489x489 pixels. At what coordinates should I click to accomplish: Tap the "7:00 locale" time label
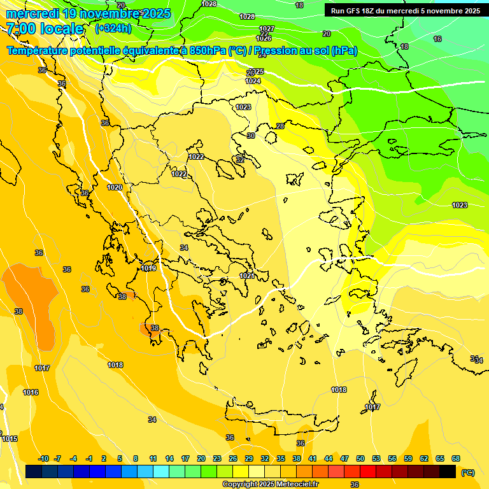pyautogui.click(x=45, y=29)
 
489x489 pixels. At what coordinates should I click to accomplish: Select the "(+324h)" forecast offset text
pyautogui.click(x=114, y=28)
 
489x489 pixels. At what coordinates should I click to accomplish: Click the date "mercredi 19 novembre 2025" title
pyautogui.click(x=89, y=13)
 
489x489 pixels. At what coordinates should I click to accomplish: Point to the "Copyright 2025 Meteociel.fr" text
pyautogui.click(x=270, y=484)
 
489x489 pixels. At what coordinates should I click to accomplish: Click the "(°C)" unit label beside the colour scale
pyautogui.click(x=467, y=472)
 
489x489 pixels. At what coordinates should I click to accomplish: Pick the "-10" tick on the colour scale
pyautogui.click(x=43, y=458)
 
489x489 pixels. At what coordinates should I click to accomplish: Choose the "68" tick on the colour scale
pyautogui.click(x=456, y=458)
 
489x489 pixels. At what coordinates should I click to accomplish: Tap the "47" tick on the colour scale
pyautogui.click(x=344, y=458)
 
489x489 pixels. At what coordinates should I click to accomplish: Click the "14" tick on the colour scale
pyautogui.click(x=169, y=458)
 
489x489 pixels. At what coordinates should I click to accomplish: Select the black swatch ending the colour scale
pyautogui.click(x=448, y=471)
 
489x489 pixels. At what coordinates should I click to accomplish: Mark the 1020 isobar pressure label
pyautogui.click(x=115, y=187)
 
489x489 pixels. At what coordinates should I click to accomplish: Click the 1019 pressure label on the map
pyautogui.click(x=148, y=268)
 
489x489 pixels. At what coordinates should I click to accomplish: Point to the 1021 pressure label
pyautogui.click(x=246, y=276)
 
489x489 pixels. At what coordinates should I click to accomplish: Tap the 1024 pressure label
pyautogui.click(x=253, y=81)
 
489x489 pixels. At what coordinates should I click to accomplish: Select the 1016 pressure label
pyautogui.click(x=31, y=392)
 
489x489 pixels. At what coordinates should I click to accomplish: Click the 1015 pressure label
pyautogui.click(x=10, y=439)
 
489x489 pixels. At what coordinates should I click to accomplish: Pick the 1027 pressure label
pyautogui.click(x=267, y=29)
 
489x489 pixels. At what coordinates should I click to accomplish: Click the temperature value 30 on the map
pyautogui.click(x=251, y=136)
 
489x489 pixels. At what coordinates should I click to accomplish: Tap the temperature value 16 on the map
pyautogui.click(x=437, y=39)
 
